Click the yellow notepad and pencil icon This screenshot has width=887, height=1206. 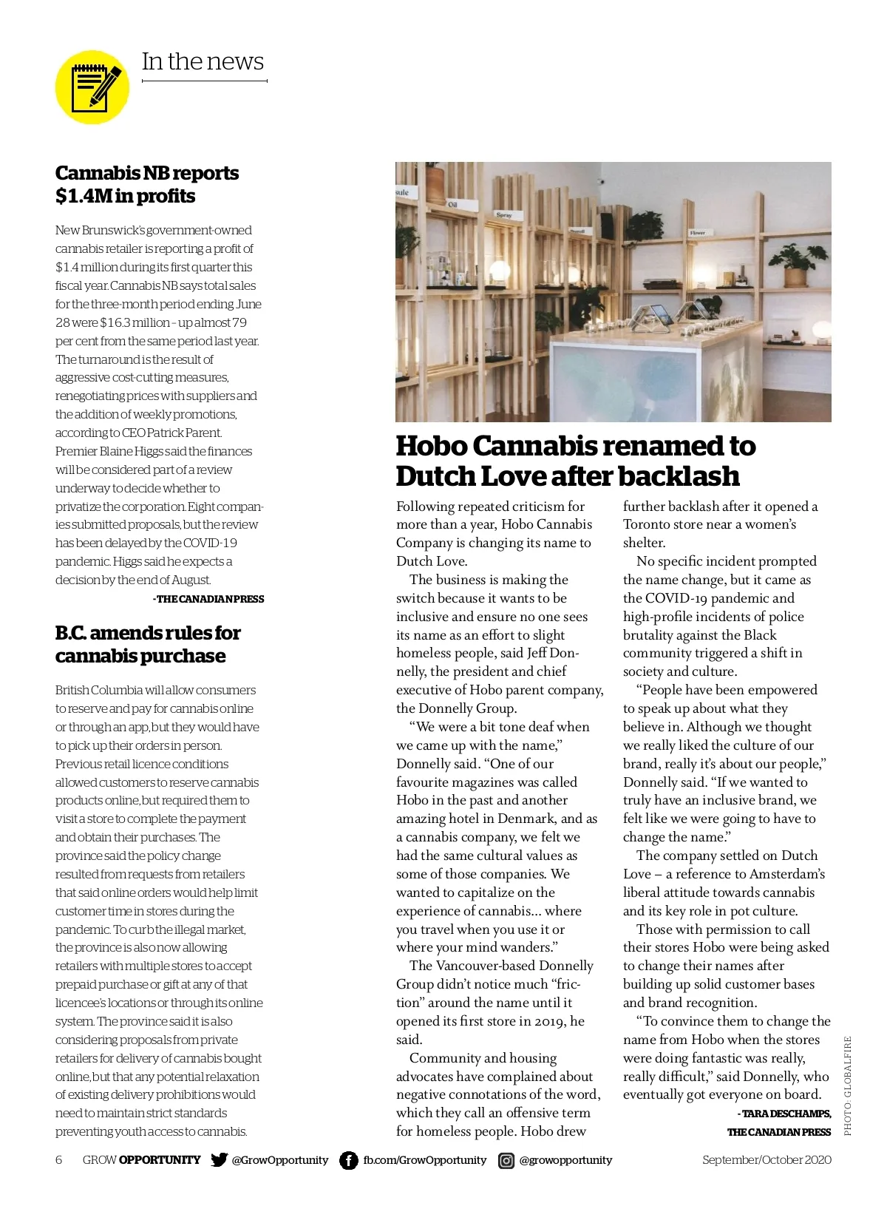[x=92, y=87]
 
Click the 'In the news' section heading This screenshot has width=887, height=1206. [x=203, y=61]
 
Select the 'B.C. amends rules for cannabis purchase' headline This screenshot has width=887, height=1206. [x=147, y=644]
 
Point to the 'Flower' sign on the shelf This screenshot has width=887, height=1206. [x=697, y=232]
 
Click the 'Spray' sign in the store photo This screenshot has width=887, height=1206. [x=504, y=215]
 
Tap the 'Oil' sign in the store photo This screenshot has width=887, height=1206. [x=452, y=203]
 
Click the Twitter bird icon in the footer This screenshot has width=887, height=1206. [x=219, y=1159]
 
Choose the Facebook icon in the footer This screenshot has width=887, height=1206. [x=348, y=1160]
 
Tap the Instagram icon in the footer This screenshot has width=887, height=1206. [x=506, y=1160]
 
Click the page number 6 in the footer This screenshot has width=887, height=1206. [x=59, y=1159]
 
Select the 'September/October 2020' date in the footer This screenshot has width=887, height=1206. [x=767, y=1159]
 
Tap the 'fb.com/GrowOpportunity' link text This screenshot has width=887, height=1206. [x=424, y=1159]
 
